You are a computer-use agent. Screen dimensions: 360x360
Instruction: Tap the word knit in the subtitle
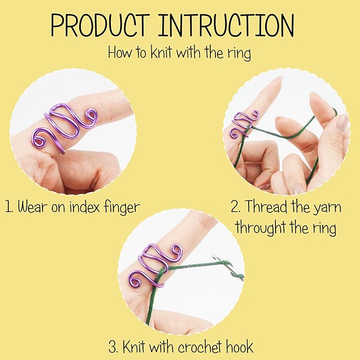click(x=155, y=52)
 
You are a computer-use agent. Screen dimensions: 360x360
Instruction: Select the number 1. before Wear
click(x=8, y=208)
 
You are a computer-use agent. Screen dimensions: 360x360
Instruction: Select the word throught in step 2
click(x=260, y=227)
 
